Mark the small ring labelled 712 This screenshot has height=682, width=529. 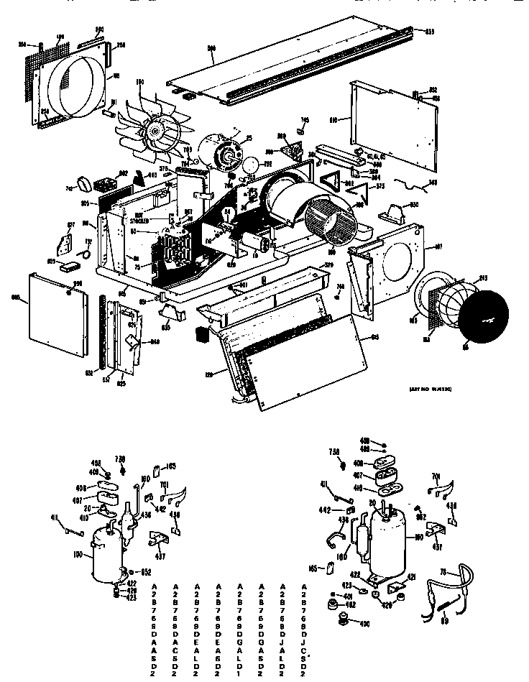(x=86, y=252)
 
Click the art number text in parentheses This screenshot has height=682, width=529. (x=410, y=387)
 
